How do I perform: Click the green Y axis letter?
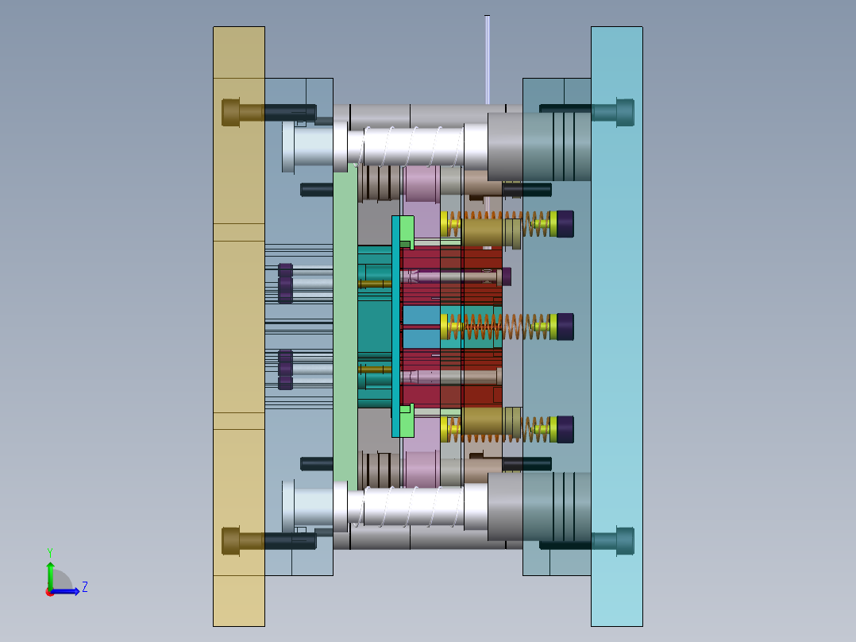50,552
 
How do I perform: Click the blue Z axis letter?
85,587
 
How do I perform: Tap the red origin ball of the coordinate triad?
50,592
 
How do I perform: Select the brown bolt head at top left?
230,113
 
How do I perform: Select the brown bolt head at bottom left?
230,541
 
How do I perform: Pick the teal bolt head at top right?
625,113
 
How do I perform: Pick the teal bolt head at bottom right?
625,541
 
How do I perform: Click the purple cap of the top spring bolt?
565,224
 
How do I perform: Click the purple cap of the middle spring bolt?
565,327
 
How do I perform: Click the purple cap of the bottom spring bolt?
565,430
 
